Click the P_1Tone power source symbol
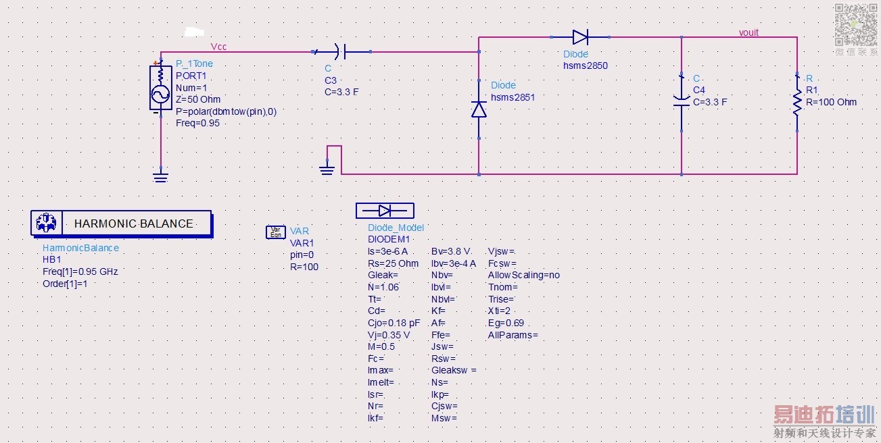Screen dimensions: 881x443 click(160, 87)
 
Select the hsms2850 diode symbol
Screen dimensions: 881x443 click(581, 37)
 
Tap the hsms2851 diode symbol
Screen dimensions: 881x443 click(479, 109)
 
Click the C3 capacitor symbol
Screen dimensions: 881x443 click(341, 51)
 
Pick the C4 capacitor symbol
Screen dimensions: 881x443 click(682, 102)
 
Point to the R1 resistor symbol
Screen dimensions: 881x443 click(797, 102)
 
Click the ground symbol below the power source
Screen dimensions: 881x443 click(160, 176)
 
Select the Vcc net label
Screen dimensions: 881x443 click(218, 47)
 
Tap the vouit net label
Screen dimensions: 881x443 click(748, 32)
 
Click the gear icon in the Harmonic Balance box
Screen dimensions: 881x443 click(47, 223)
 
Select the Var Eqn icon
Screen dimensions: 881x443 click(276, 232)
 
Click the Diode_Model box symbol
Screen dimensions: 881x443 click(385, 211)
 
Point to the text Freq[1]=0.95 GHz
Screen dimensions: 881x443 click(80, 271)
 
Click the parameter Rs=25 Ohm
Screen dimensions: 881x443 click(393, 263)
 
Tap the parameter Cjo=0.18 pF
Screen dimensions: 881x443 click(394, 323)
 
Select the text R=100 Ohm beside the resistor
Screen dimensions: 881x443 click(831, 102)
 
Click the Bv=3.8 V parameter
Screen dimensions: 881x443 click(451, 251)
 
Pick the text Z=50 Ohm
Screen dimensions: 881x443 click(198, 99)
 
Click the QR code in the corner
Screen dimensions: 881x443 click(856, 24)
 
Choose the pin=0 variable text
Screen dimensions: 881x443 click(302, 255)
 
